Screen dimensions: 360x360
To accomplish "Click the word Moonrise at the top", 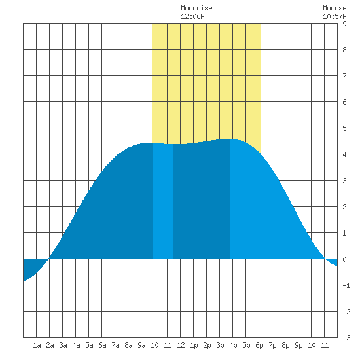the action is coord(196,8).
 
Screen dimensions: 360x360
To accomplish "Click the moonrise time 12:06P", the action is coord(192,16).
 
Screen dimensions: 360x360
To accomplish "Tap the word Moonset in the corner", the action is coord(336,8).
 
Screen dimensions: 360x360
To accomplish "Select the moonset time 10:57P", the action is coord(334,16).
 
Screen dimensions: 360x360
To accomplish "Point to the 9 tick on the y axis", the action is coord(344,24).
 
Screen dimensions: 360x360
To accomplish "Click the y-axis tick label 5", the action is coord(344,128).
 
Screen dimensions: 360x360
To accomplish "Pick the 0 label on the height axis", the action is coord(344,259).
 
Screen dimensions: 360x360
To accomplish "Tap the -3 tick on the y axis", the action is coord(346,338).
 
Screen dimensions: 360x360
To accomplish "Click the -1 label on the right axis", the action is coord(346,285).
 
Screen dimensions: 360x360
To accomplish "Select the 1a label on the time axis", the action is coord(37,345).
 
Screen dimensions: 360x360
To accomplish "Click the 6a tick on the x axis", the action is coord(102,345).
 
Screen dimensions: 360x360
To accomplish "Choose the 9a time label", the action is coord(141,345).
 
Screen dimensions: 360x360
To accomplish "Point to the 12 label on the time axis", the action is coord(181,345).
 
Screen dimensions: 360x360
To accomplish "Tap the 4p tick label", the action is coord(233,345).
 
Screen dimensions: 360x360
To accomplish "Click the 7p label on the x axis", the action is coord(272,345).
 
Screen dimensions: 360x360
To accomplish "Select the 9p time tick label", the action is coord(298,345).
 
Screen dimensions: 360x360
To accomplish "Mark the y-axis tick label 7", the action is coord(344,76).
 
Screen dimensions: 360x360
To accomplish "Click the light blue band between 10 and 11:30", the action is coord(163,201).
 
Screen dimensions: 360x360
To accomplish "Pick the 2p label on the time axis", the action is coord(207,345).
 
